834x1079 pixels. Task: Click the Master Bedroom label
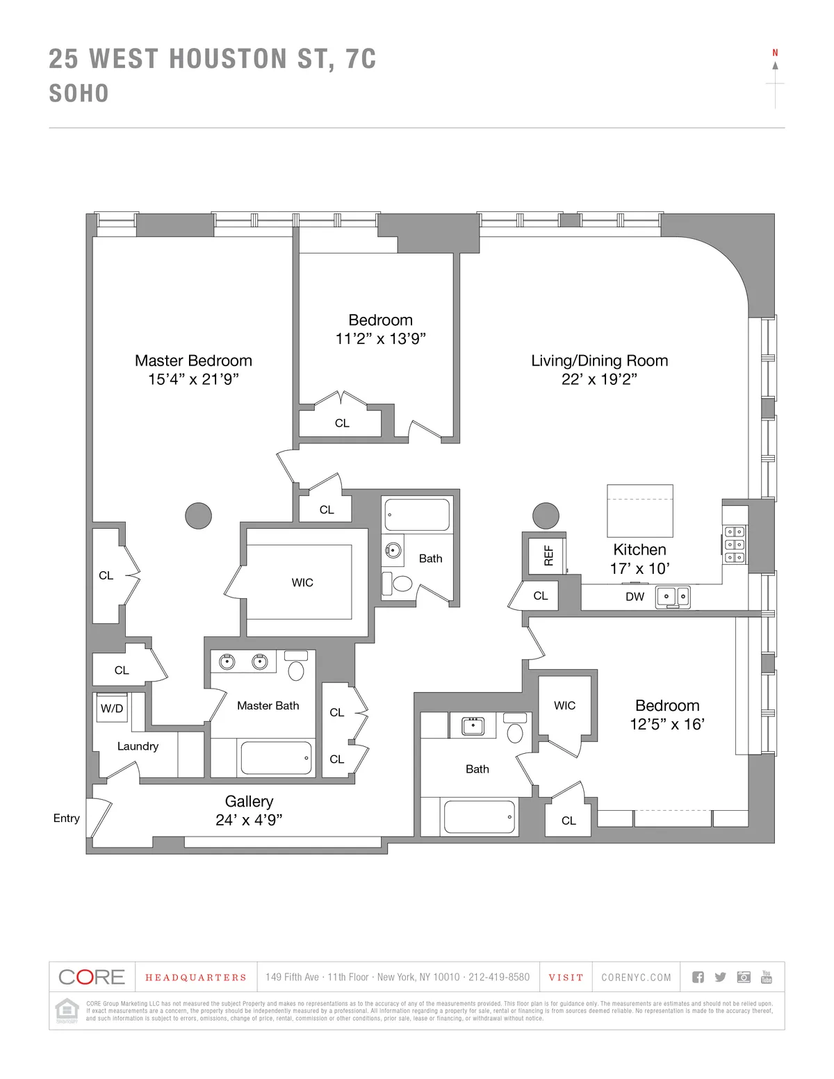click(193, 361)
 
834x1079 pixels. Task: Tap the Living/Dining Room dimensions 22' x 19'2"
click(599, 379)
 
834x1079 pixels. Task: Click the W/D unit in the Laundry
click(112, 708)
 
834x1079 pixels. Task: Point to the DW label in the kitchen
click(635, 596)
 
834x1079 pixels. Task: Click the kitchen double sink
click(673, 597)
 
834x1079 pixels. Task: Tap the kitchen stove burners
click(734, 544)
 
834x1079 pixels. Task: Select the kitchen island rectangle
click(639, 511)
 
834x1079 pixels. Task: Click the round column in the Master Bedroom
click(198, 516)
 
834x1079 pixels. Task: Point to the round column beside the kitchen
click(546, 516)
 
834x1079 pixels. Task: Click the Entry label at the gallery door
click(67, 818)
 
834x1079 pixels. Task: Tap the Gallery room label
click(249, 801)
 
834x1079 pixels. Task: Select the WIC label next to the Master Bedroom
click(302, 582)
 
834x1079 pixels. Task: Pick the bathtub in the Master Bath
click(276, 758)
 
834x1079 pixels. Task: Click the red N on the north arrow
click(775, 53)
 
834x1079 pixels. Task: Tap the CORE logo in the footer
click(92, 977)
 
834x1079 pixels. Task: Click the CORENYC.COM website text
click(636, 978)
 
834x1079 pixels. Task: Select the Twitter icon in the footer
click(720, 977)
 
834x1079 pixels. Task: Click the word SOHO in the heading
click(79, 94)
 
